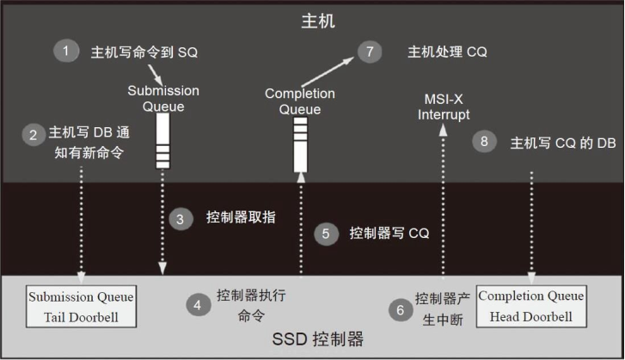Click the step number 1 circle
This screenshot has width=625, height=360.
pos(64,51)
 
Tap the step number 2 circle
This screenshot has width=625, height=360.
pos(33,134)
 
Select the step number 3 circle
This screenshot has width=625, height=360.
pos(180,218)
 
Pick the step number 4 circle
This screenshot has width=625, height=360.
pos(197,305)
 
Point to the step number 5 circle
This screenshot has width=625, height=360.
pos(324,234)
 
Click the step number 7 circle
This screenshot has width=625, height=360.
pos(369,52)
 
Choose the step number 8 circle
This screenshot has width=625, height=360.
pos(486,142)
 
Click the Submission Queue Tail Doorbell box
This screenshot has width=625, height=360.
pos(81,305)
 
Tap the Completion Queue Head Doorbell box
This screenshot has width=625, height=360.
pos(530,305)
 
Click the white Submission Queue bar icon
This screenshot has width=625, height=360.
pos(163,140)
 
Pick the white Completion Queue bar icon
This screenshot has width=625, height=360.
pos(299,143)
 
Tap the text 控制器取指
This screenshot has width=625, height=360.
pos(241,218)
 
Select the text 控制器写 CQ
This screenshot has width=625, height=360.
pos(389,234)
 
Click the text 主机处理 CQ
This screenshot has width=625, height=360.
pos(447,52)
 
